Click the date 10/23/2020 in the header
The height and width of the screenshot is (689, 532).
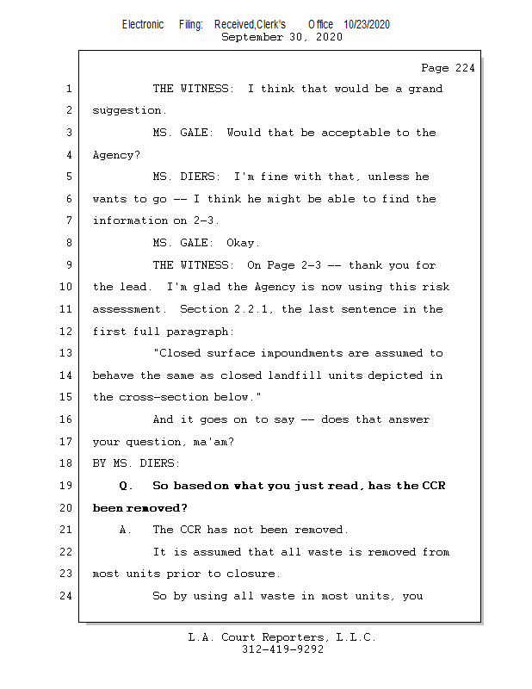pos(367,25)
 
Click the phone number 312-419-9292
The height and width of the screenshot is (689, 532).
pos(282,649)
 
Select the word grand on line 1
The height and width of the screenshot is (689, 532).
pos(425,89)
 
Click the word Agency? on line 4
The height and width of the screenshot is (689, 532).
pos(116,155)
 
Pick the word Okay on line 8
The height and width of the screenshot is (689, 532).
pos(243,243)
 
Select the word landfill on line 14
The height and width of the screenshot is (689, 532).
pos(320,376)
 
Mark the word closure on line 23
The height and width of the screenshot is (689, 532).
pos(253,574)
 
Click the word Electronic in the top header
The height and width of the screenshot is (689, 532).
pos(143,25)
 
